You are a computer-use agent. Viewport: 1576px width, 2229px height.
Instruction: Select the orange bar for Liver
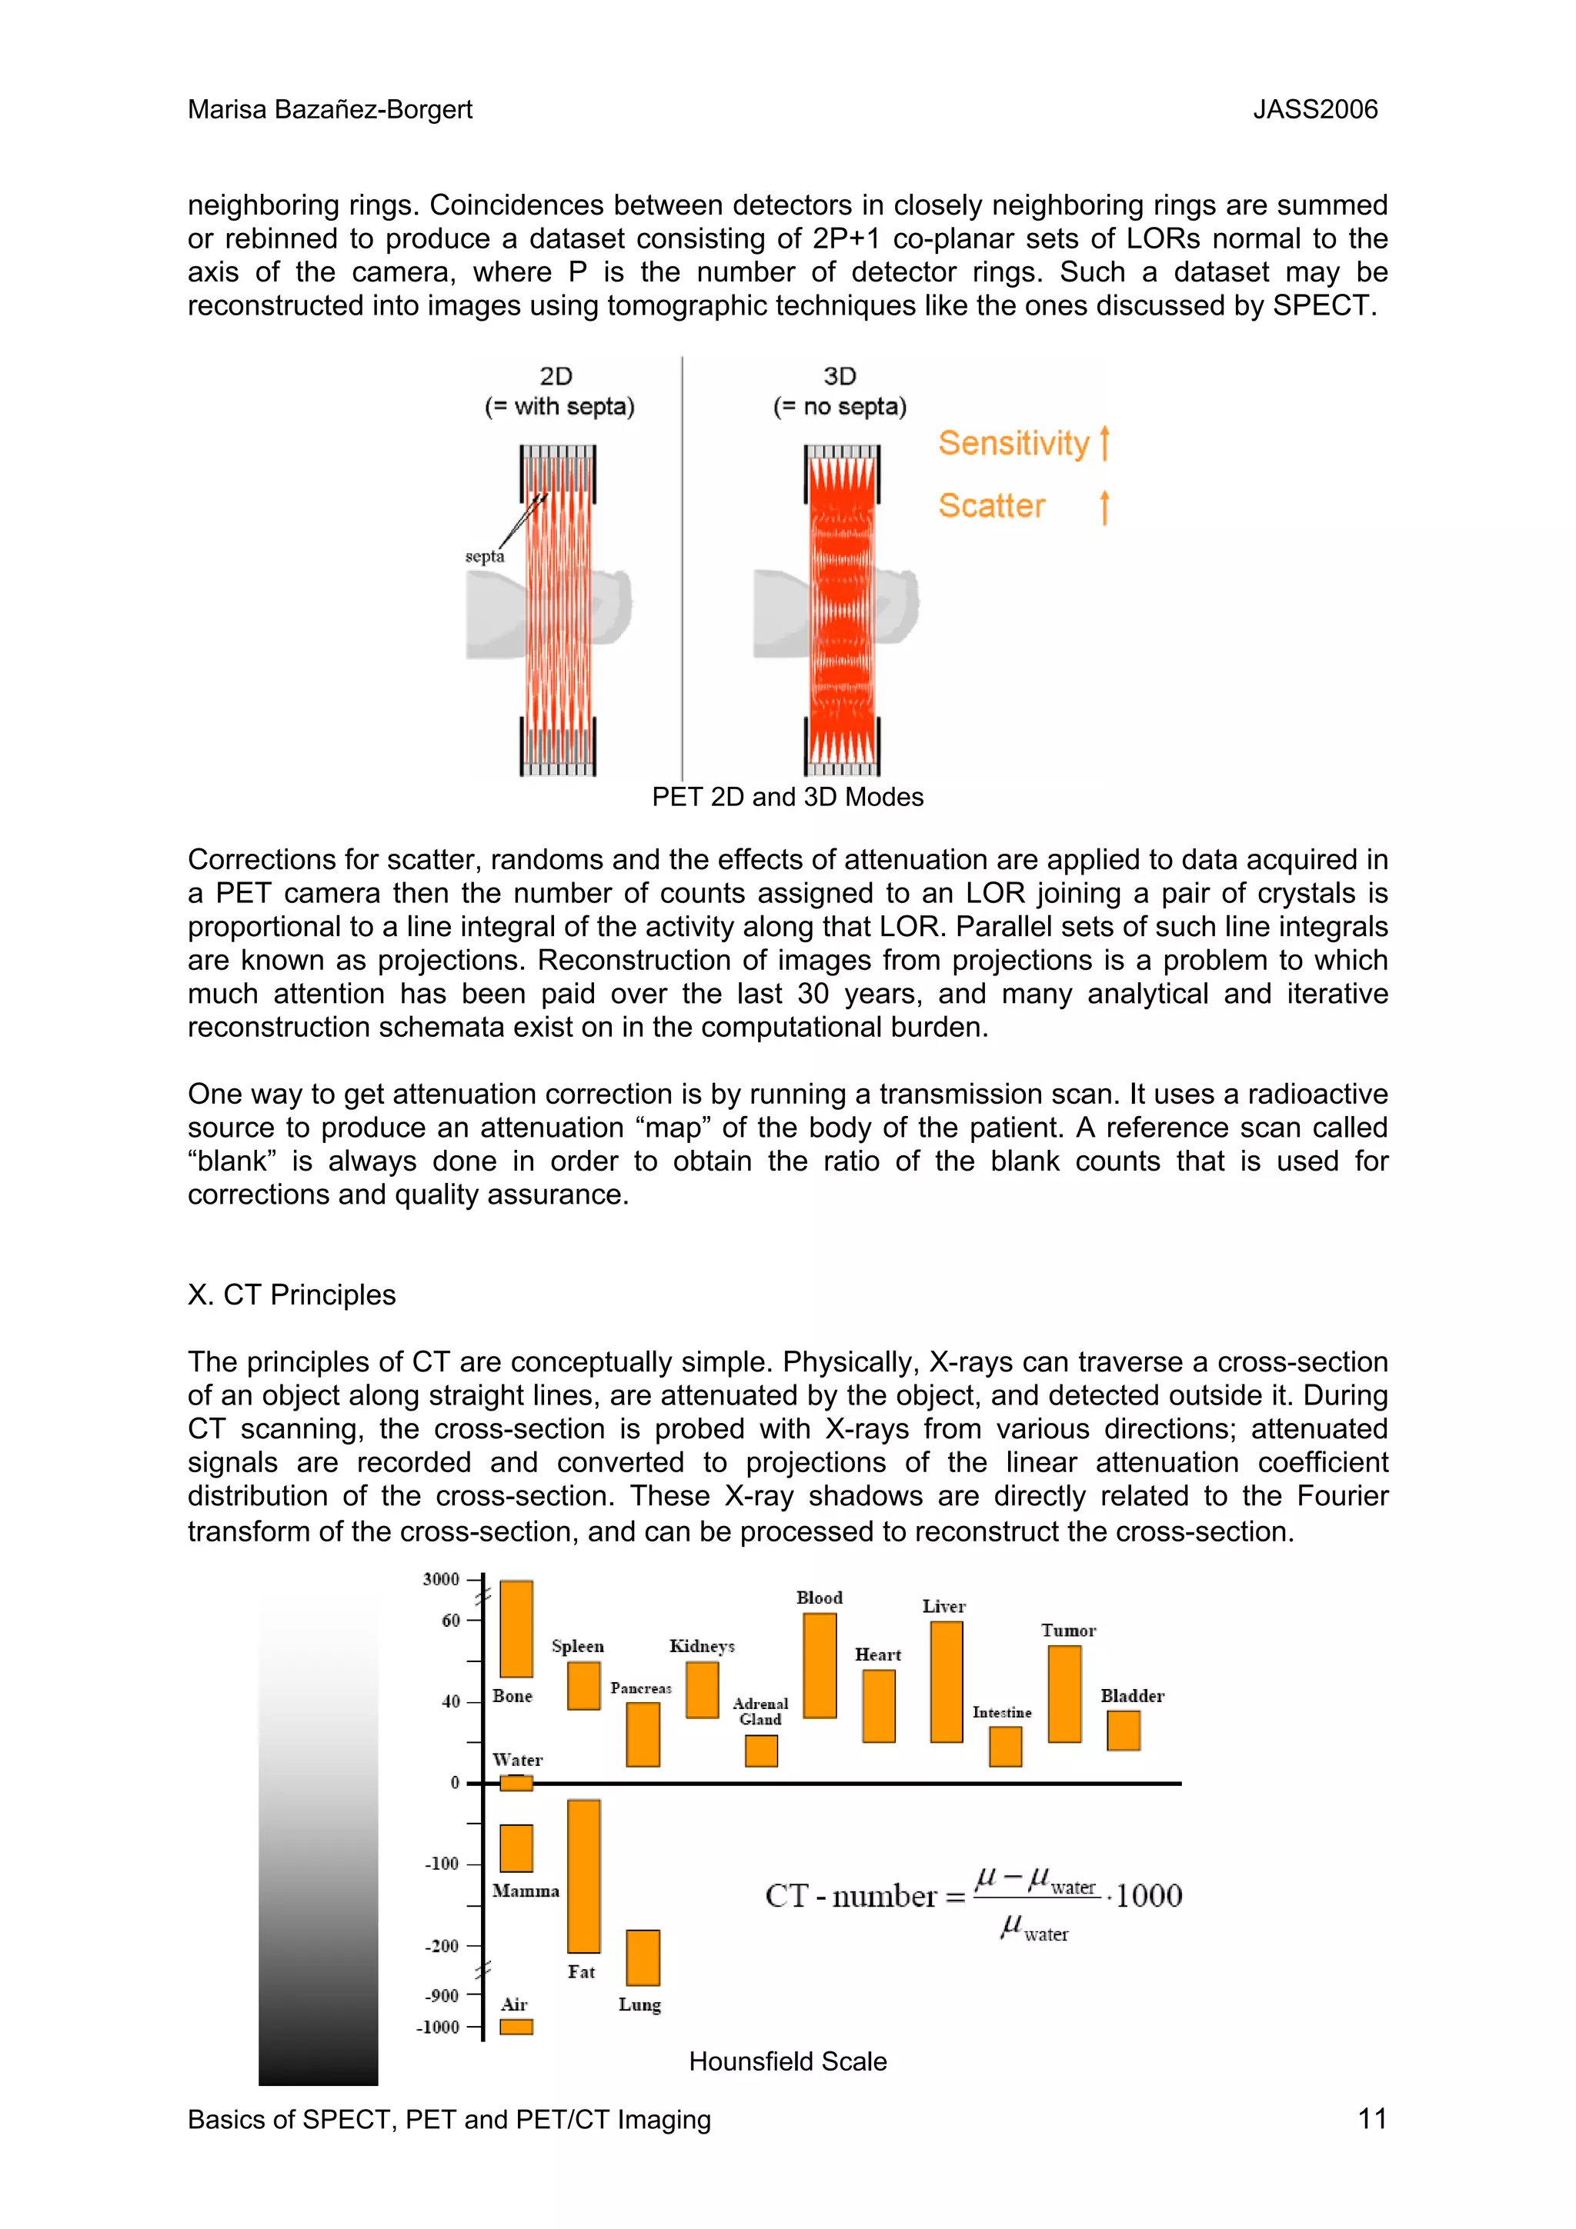(x=946, y=1681)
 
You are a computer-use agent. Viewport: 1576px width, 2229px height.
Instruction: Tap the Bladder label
(x=1131, y=1696)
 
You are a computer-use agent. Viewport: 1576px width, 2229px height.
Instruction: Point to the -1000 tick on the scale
(x=438, y=2027)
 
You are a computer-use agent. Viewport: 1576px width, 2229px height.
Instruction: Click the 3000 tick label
(x=441, y=1580)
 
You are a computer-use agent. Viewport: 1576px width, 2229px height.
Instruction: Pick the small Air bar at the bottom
(x=516, y=2026)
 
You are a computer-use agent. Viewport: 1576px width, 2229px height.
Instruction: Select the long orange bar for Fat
(x=583, y=1876)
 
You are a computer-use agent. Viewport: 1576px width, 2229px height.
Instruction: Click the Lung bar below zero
(x=642, y=1957)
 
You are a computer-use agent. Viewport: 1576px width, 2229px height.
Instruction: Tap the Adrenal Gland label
(x=760, y=1711)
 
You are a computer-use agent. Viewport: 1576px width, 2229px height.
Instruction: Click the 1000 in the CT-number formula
(x=1149, y=1895)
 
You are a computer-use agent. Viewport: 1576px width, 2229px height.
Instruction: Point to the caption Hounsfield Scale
(x=787, y=2061)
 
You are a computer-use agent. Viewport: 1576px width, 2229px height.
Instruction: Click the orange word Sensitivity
(x=1013, y=444)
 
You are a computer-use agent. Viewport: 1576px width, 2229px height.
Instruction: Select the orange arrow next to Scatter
(x=1104, y=507)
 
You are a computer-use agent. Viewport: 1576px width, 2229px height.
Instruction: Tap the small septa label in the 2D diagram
(x=485, y=556)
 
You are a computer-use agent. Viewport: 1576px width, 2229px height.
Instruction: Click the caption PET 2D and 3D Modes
(x=787, y=797)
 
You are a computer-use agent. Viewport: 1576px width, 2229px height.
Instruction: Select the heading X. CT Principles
(x=292, y=1295)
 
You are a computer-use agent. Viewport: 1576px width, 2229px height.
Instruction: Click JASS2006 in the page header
(x=1315, y=110)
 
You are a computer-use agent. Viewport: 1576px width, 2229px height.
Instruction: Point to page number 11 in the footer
(x=1371, y=2118)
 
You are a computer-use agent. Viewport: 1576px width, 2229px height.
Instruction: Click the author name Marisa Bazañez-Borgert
(x=330, y=110)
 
